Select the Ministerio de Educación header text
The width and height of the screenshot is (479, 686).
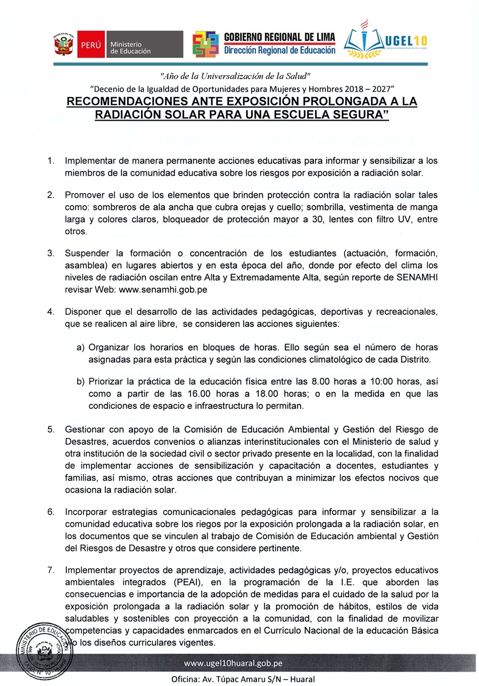131,47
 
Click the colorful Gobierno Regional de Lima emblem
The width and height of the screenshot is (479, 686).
205,45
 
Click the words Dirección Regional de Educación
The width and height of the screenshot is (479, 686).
279,51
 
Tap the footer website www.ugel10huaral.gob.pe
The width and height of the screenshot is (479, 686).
233,663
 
